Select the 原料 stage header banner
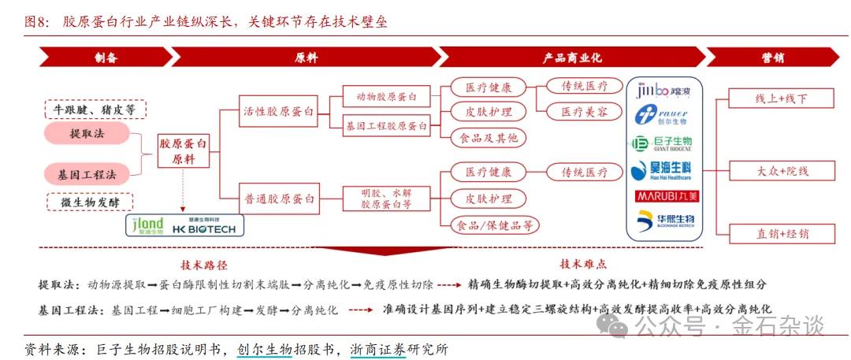click(306, 58)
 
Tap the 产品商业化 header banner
click(571, 58)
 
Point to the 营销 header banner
click(772, 58)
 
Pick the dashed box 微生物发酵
click(89, 202)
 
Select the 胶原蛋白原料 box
click(184, 152)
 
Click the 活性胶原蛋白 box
click(278, 112)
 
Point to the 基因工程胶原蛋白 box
click(386, 125)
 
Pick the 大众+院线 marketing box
click(782, 170)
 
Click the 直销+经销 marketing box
click(782, 233)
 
